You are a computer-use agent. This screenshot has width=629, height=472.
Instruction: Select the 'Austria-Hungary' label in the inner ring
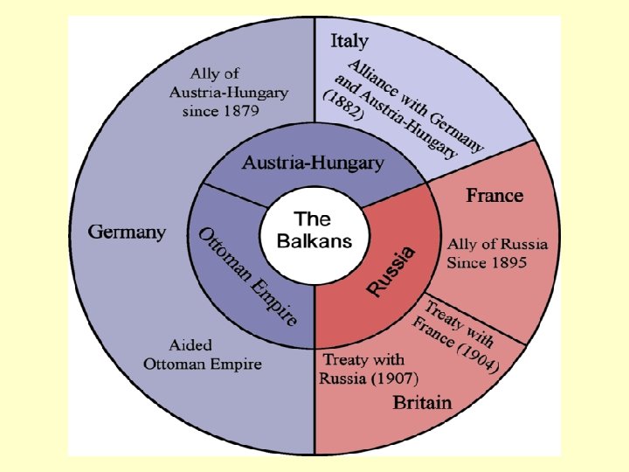[313, 163]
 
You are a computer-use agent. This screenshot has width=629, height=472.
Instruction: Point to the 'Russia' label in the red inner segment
[391, 271]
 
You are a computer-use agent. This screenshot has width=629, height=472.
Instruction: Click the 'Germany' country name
[128, 233]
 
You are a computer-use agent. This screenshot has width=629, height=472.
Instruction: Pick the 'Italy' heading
[349, 41]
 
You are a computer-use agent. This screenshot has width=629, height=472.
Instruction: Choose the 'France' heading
[494, 194]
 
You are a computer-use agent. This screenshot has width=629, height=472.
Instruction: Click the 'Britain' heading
[422, 403]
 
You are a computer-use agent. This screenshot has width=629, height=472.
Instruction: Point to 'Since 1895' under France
[487, 261]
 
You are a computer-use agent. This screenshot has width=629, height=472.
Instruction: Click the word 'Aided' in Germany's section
[190, 346]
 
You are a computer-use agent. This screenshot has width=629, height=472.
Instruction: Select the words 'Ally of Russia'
[497, 244]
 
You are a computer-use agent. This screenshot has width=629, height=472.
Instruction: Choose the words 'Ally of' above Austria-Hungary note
[215, 73]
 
